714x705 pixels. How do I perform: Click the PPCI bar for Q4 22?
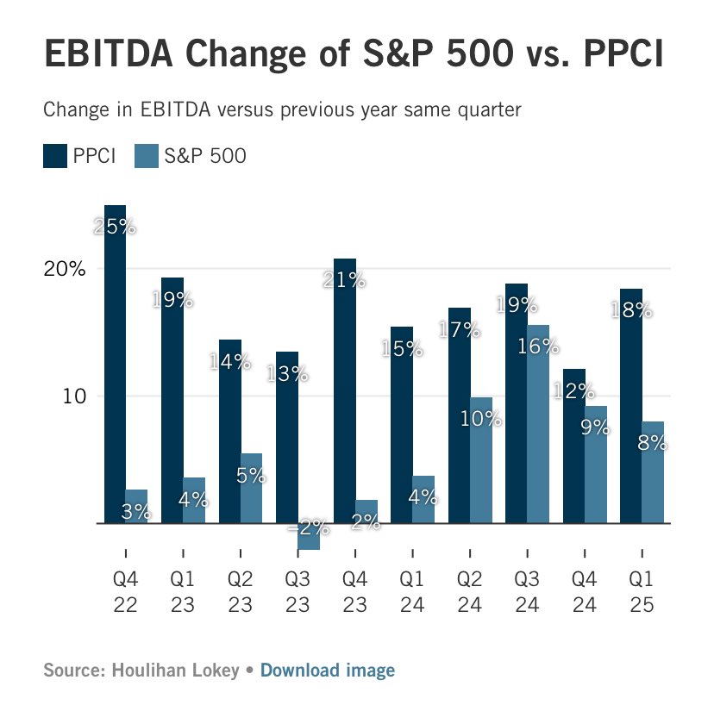point(115,362)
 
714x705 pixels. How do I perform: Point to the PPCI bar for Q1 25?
point(630,405)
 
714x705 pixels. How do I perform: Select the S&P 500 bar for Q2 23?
point(251,488)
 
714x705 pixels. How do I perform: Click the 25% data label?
point(115,228)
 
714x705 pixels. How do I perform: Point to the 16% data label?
point(538,346)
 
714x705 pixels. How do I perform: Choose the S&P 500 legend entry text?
point(205,156)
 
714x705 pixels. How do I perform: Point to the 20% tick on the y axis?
point(66,269)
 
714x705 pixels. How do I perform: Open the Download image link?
point(328,670)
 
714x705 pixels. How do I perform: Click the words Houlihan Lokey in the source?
point(173,670)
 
